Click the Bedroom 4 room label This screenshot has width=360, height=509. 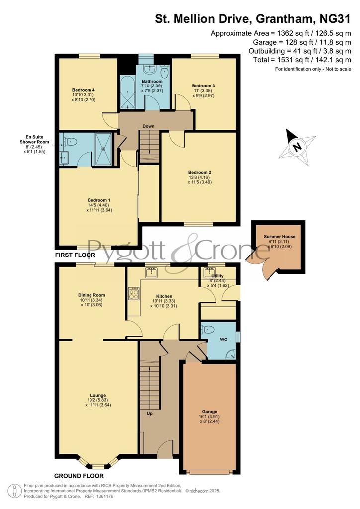click(x=84, y=90)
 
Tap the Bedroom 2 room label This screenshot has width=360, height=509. click(x=199, y=172)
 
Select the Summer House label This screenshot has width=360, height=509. click(x=279, y=236)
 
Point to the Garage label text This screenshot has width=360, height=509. click(x=209, y=411)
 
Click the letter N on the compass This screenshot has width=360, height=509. click(x=296, y=147)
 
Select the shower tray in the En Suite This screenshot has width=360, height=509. click(x=103, y=149)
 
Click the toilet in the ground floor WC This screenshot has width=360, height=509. click(x=207, y=330)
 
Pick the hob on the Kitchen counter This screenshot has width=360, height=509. click(x=134, y=294)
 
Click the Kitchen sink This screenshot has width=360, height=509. click(x=151, y=273)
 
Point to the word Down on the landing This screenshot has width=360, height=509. click(x=148, y=126)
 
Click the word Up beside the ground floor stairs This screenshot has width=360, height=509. click(x=150, y=413)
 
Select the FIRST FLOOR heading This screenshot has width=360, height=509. click(x=75, y=255)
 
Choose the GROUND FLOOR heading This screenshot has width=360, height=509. click(x=79, y=476)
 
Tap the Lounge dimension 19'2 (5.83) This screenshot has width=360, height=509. click(x=98, y=400)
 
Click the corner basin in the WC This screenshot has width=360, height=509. click(x=231, y=354)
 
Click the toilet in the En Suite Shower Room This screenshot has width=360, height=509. click(x=71, y=142)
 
